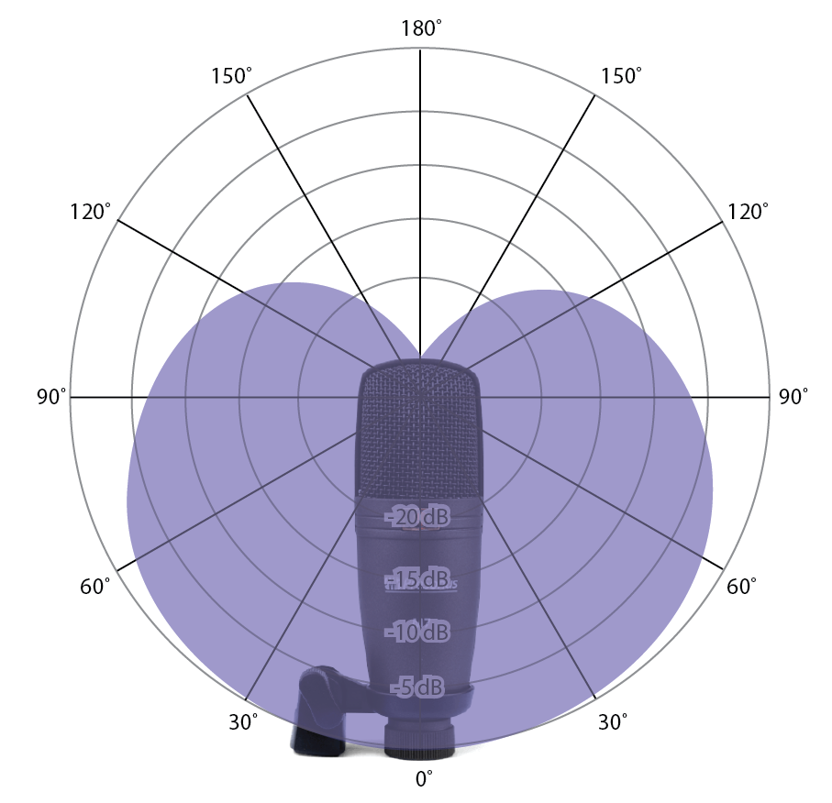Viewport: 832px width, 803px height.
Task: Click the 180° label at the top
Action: [421, 28]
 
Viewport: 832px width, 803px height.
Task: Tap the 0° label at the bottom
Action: [424, 778]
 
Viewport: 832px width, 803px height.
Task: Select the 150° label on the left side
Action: [231, 76]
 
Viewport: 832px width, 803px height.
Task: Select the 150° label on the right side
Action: [621, 76]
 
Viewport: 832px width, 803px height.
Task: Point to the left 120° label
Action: [91, 212]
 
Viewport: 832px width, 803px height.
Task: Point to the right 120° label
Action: [748, 212]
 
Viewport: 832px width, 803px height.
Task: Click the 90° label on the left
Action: [51, 396]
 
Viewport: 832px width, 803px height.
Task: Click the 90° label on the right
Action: [793, 396]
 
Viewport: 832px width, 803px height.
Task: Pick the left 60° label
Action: [95, 586]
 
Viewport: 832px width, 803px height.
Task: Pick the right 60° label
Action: [741, 586]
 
